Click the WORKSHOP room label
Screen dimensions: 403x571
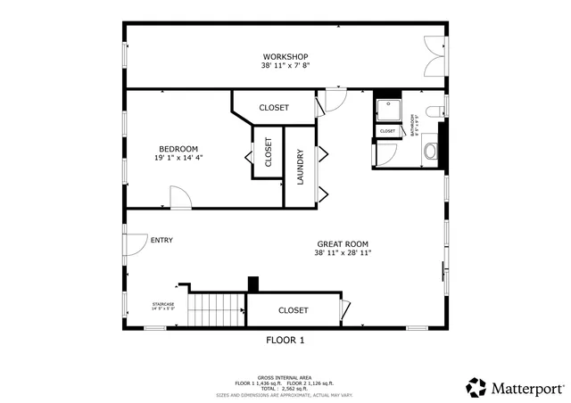pos(285,57)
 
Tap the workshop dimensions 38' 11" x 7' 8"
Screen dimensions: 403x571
pos(285,66)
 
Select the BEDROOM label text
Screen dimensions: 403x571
pos(178,149)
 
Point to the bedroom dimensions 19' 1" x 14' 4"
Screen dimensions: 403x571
pos(178,158)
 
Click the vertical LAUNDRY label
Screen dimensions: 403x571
pos(301,167)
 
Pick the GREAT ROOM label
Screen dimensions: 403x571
pos(343,243)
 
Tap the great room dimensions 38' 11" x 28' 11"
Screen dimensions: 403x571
pos(343,252)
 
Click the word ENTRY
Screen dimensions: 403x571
pos(161,240)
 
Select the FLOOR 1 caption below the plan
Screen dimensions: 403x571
pos(285,340)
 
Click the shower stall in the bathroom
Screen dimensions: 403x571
pos(387,110)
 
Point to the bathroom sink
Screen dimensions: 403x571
pos(429,151)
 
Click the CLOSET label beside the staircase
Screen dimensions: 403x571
pos(293,310)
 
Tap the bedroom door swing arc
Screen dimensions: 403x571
pos(179,198)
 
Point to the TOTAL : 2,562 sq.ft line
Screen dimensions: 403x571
pos(285,389)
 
